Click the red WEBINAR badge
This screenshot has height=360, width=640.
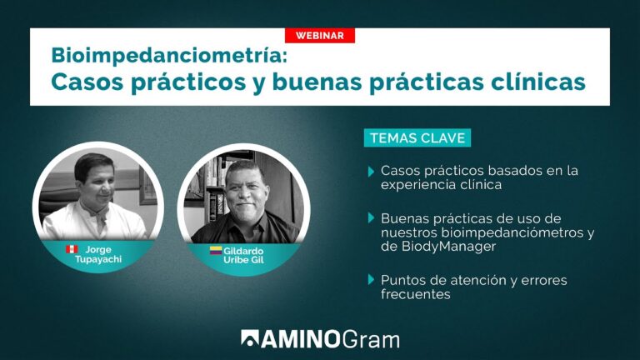click(x=320, y=35)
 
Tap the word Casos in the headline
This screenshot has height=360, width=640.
click(x=84, y=83)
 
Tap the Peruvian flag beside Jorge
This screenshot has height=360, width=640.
click(x=72, y=249)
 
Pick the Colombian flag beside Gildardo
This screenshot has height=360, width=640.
click(x=216, y=249)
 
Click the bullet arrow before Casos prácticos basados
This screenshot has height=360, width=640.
click(x=371, y=171)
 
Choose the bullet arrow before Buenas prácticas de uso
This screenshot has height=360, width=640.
click(x=371, y=217)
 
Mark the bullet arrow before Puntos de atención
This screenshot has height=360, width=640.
click(x=371, y=280)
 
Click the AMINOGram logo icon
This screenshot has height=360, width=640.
click(x=250, y=338)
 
